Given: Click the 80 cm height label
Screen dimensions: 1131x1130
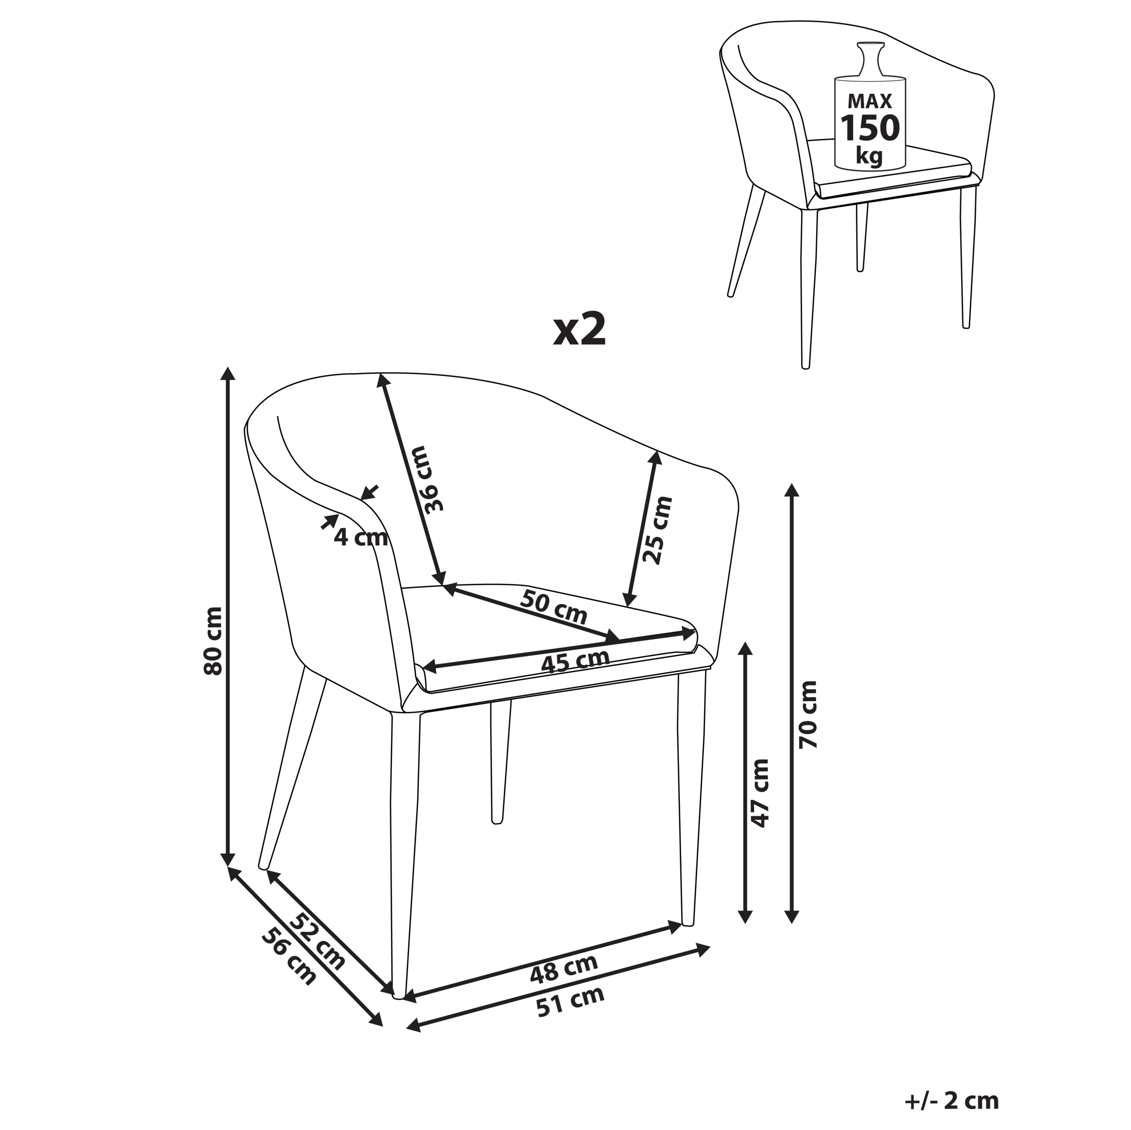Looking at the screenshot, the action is [x=213, y=641].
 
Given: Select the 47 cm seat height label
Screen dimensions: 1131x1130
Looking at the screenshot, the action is [x=760, y=793].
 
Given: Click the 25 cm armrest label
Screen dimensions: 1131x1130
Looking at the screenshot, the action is [x=657, y=530].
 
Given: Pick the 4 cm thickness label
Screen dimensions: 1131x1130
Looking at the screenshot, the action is [x=361, y=537].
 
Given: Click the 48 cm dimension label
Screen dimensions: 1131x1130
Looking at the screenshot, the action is [x=564, y=969].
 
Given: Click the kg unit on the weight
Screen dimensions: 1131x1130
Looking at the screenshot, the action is [x=869, y=156].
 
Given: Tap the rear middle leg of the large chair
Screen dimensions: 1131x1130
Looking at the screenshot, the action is [x=501, y=761].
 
